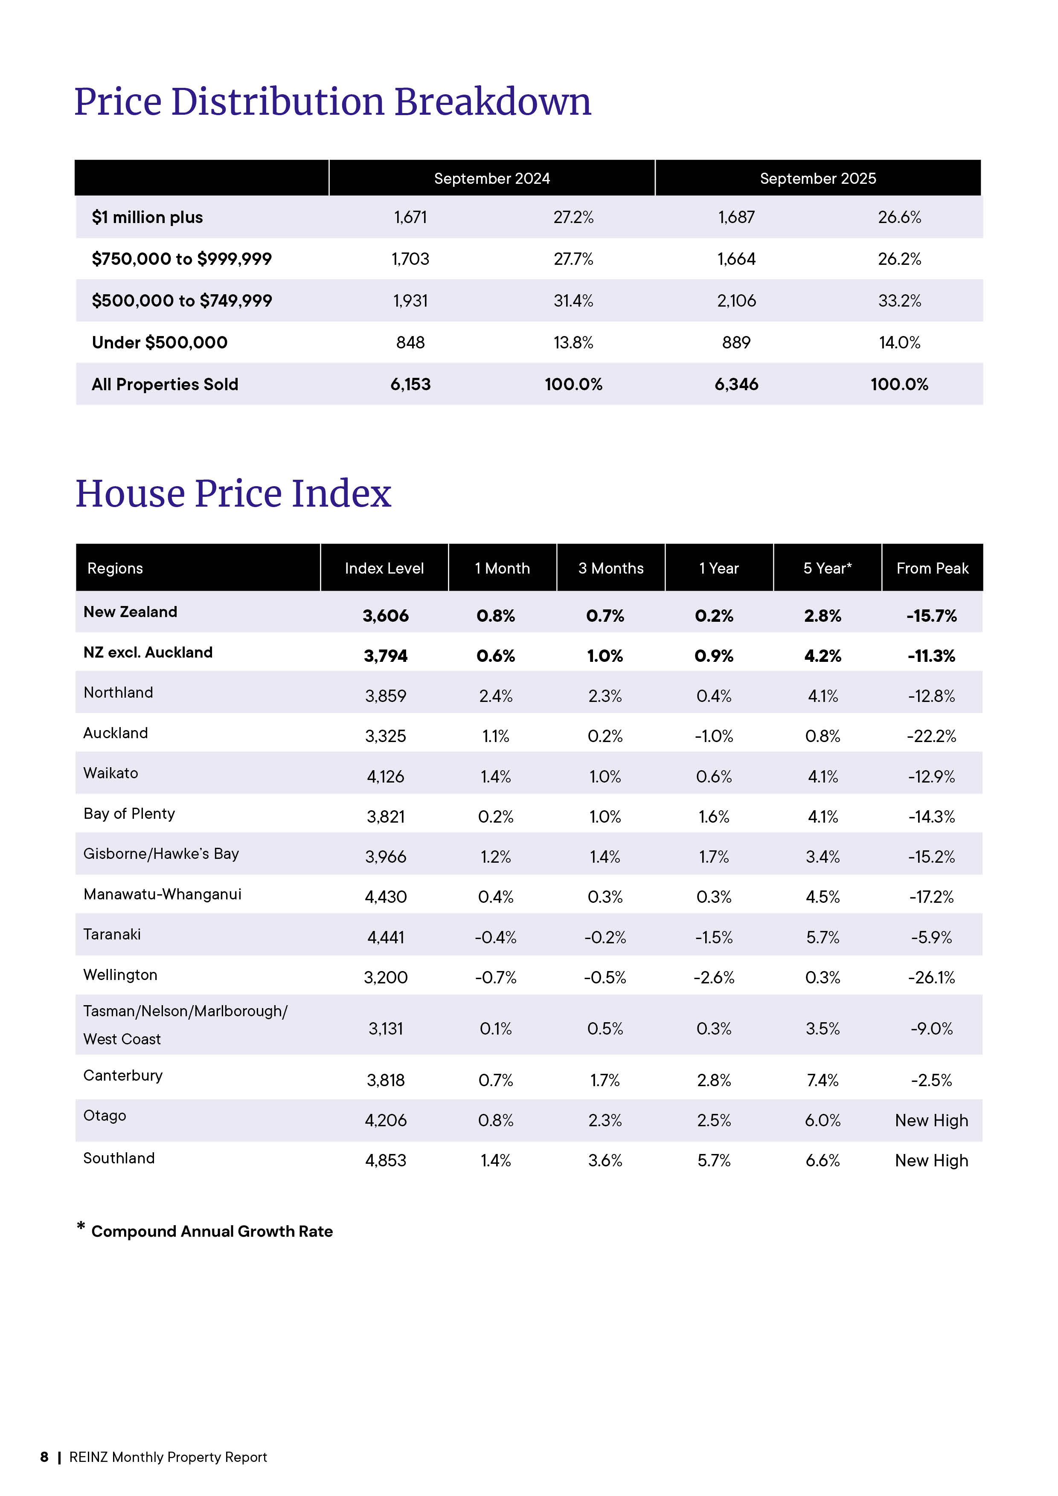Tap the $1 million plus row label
[147, 217]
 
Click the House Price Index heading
[233, 493]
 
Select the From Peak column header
[932, 568]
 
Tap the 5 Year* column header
[827, 568]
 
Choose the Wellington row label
[121, 975]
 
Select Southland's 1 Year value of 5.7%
[714, 1160]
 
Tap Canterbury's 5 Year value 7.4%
[822, 1080]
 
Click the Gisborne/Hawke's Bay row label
[161, 854]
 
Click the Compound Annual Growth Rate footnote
[212, 1232]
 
